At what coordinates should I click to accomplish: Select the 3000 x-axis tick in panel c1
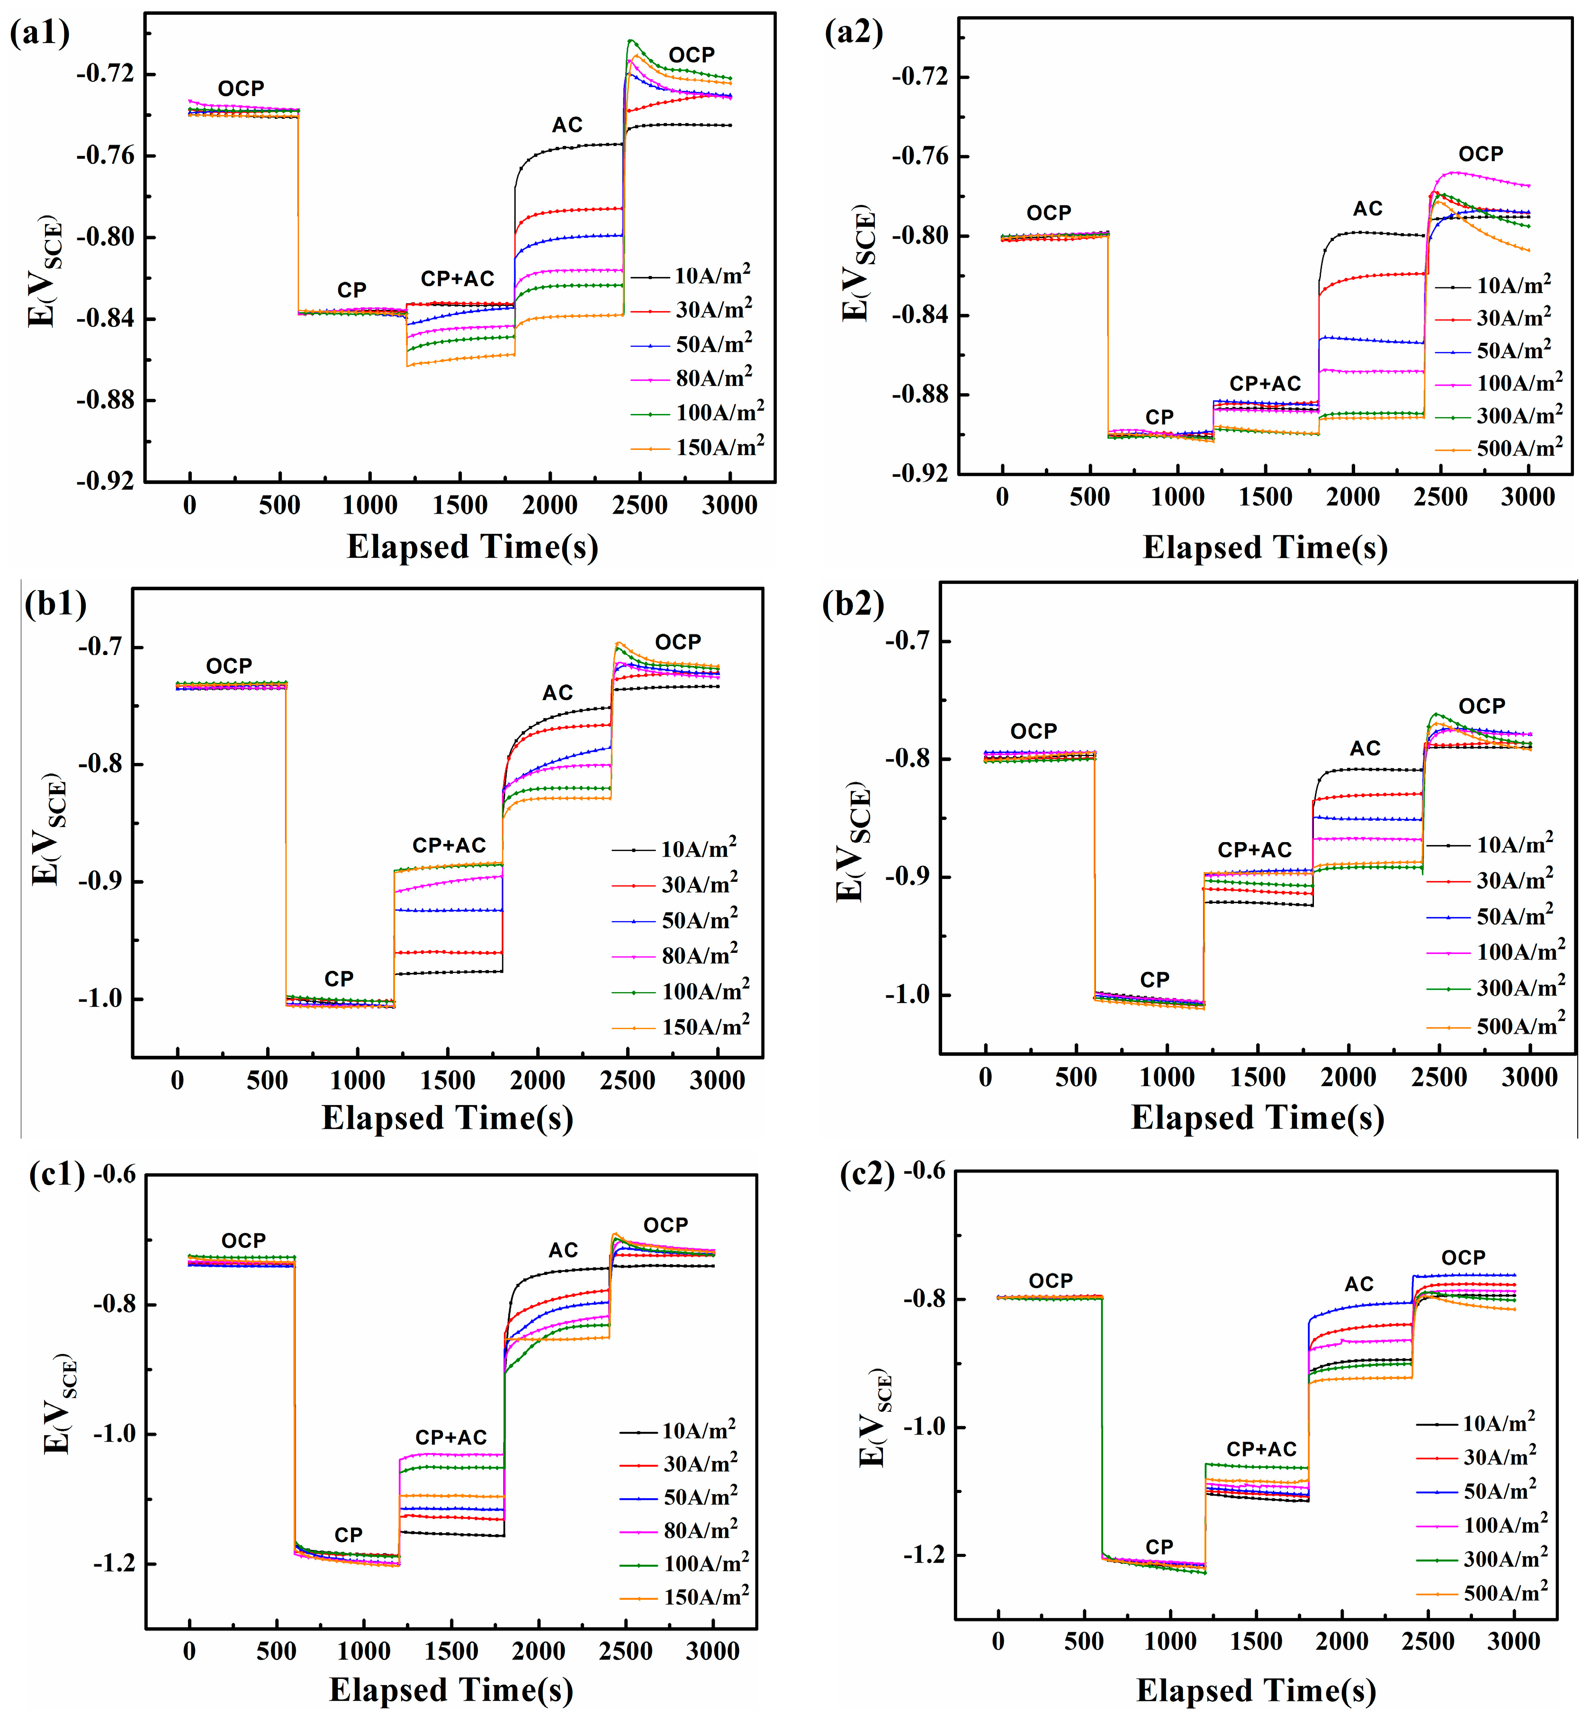point(713,1651)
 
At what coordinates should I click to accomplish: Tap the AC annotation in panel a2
point(1367,208)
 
